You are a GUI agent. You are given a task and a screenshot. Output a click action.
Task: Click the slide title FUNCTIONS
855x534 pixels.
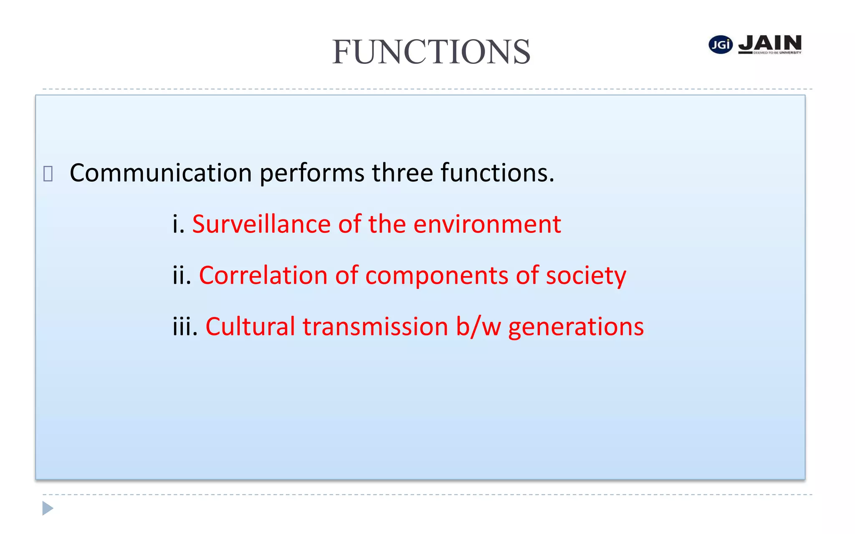coord(431,52)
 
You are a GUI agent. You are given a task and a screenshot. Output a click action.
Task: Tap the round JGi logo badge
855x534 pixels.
coord(721,45)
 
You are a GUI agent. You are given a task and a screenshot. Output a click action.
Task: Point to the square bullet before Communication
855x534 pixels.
coord(48,174)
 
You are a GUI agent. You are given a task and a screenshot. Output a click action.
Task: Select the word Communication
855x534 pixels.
coord(161,173)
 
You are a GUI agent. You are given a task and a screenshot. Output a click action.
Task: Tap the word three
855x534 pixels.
coord(402,173)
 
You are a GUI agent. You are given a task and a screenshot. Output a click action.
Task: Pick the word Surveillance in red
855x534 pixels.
coord(261,224)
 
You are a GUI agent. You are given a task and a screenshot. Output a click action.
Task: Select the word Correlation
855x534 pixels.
coord(263,275)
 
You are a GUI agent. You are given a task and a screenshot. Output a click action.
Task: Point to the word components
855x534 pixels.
coord(437,276)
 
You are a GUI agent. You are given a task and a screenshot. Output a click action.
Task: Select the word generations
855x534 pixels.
coord(576,327)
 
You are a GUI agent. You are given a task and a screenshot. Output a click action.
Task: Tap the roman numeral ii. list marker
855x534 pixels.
coord(182,275)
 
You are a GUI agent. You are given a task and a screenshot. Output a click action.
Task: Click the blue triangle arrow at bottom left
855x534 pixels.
coord(48,508)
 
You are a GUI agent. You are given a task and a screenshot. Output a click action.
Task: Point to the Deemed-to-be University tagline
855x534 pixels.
coord(777,53)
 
